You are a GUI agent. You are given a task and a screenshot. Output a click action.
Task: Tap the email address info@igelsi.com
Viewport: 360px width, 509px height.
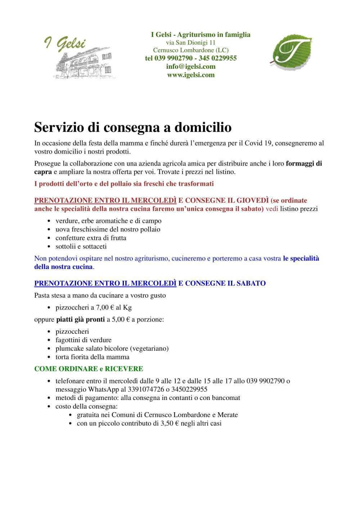pos(191,67)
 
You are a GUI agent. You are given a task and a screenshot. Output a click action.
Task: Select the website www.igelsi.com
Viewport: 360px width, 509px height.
pos(191,75)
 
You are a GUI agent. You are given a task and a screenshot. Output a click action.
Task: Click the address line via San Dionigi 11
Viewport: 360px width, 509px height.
pos(191,42)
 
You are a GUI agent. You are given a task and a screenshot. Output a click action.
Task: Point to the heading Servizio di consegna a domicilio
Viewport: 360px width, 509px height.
pos(133,127)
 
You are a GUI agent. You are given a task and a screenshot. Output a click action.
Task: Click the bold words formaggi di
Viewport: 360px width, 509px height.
pos(304,163)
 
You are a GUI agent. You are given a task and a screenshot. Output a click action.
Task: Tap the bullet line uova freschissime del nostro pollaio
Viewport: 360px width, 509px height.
pos(108,229)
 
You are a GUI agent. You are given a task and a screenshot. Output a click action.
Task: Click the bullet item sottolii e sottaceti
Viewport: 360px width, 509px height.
pos(81,247)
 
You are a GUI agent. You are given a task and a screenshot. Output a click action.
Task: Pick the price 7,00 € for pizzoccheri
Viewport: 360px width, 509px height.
pos(105,307)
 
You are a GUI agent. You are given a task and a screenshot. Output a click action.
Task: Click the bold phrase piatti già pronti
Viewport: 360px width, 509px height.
pos(80,320)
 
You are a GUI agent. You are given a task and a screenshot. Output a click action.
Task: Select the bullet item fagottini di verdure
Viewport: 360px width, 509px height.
pos(84,340)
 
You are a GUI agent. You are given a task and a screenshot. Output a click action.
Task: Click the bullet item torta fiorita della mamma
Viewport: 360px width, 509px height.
pos(93,357)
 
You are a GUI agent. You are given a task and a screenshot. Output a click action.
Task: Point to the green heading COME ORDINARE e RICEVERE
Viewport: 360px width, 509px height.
pos(89,369)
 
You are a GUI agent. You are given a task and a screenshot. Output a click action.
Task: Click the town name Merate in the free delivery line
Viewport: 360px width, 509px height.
pos(228,415)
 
